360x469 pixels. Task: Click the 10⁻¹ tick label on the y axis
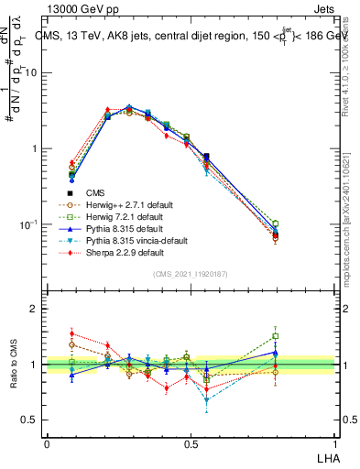point(29,224)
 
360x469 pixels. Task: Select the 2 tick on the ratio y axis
point(36,309)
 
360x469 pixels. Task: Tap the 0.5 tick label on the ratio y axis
point(31,420)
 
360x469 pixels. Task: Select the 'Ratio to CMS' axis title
point(14,365)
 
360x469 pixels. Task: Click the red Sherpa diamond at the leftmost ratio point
point(71,333)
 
